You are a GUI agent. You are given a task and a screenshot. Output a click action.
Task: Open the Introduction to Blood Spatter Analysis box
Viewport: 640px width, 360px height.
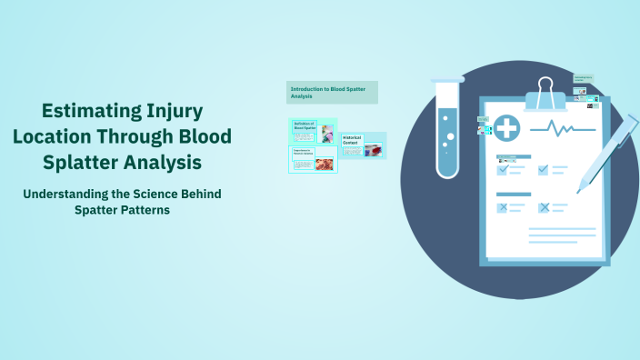coord(332,92)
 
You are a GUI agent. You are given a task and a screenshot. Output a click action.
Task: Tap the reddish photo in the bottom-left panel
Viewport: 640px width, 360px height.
coord(324,164)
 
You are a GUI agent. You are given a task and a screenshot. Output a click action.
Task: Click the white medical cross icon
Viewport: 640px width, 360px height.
coord(506,129)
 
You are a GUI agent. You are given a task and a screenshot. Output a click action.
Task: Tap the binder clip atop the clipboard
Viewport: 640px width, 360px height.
coord(545,91)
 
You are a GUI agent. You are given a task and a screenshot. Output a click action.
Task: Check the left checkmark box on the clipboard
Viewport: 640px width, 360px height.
coord(502,169)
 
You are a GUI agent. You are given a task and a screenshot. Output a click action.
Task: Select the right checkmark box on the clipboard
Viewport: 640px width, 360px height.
coord(543,169)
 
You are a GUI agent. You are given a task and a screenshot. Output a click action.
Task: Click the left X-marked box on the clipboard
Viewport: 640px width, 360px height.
coord(502,207)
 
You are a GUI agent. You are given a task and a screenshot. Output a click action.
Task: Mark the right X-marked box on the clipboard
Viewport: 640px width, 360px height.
coord(544,207)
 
